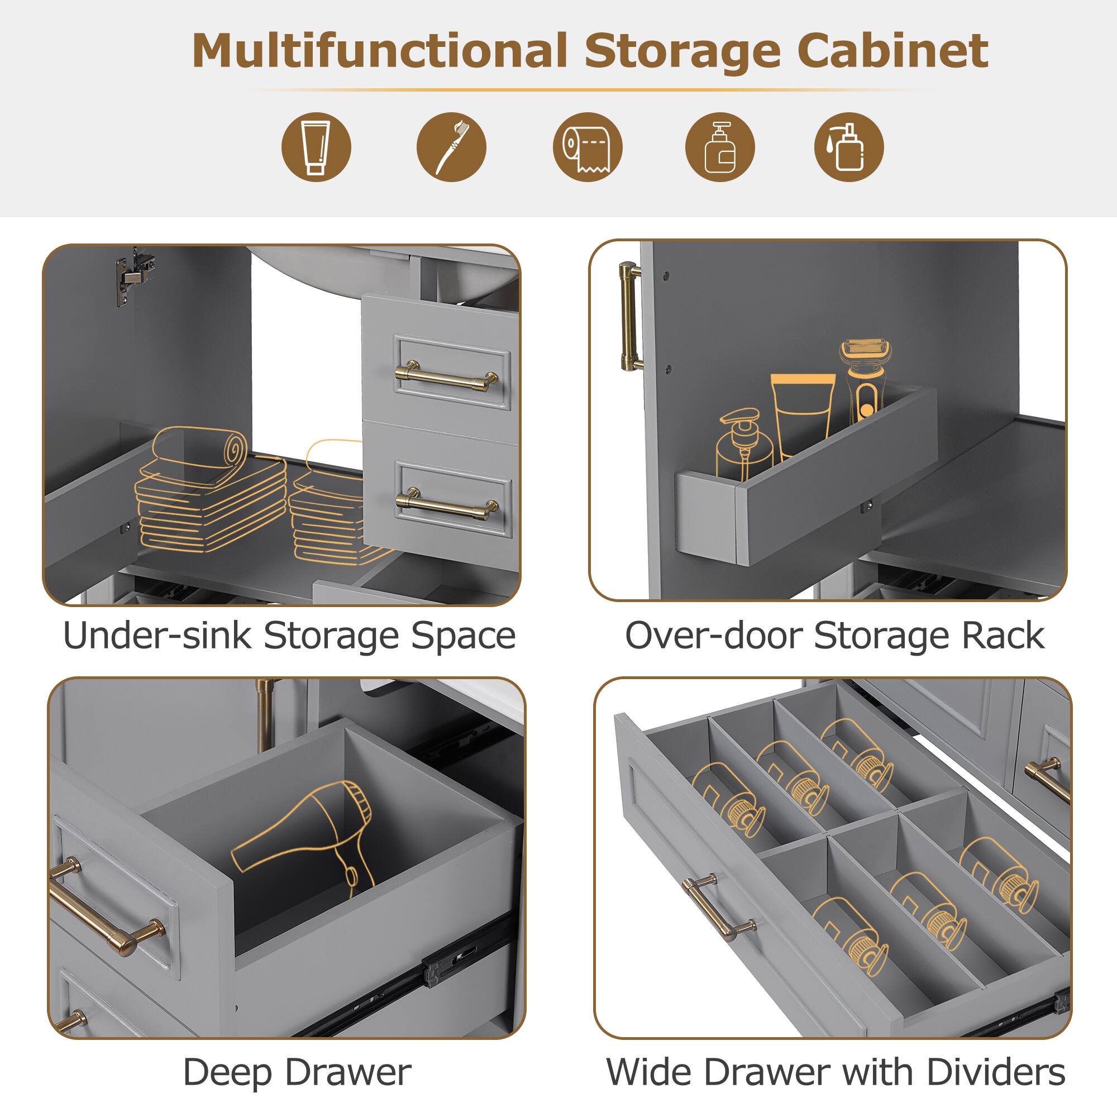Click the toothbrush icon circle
point(451,147)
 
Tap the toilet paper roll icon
point(588,147)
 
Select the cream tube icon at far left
point(316,147)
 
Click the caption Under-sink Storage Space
point(289,636)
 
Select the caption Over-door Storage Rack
point(834,636)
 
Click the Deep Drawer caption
point(297,1072)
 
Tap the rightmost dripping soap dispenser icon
point(848,147)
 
